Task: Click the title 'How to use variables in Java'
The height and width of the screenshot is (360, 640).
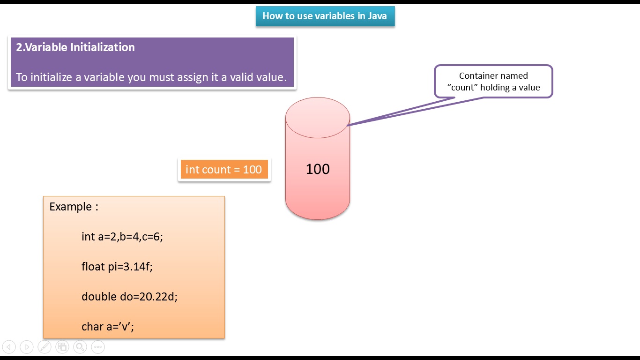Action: tap(325, 16)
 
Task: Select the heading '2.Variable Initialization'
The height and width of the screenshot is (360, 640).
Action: tap(75, 47)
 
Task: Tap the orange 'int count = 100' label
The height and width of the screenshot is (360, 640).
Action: tap(223, 169)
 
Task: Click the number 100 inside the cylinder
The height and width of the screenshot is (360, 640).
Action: tap(318, 169)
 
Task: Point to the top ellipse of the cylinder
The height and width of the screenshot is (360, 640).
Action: tap(318, 118)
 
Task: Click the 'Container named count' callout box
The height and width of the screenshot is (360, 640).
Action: tap(493, 81)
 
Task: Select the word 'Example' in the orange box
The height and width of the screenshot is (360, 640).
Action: tap(70, 207)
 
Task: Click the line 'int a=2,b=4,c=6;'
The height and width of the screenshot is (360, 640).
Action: tap(122, 237)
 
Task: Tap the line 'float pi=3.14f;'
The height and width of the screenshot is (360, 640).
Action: tap(117, 267)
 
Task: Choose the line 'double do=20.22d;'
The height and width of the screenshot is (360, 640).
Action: tap(129, 297)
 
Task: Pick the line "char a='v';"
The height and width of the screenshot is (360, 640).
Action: tap(108, 327)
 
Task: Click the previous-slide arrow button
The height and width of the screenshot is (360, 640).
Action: tap(9, 347)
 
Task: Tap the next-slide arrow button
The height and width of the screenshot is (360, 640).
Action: tap(27, 347)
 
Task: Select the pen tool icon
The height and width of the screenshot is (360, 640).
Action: tap(45, 347)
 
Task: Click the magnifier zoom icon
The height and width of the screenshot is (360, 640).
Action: tap(80, 347)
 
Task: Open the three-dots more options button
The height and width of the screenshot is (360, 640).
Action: tap(97, 347)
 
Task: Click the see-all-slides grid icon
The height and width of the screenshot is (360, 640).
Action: tap(62, 347)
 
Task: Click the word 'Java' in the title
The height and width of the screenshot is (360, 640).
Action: tap(377, 16)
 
